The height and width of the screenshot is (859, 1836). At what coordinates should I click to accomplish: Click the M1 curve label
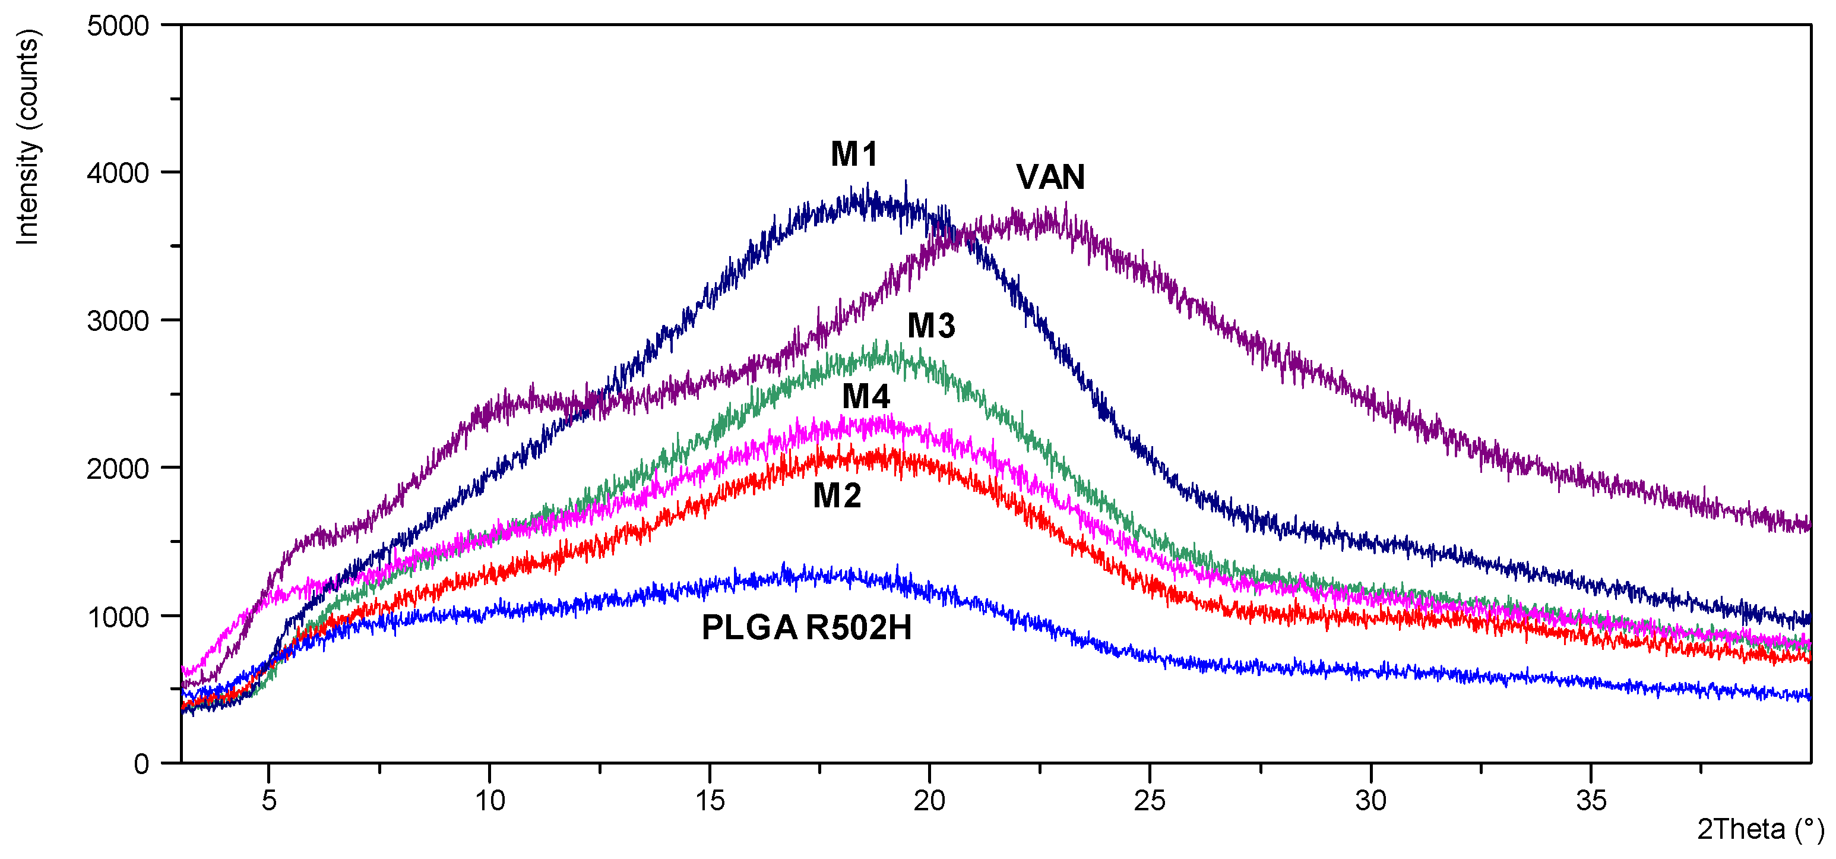coord(854,154)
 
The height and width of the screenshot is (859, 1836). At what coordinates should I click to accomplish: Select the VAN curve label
coord(1050,177)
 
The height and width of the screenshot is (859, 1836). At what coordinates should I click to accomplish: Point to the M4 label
coord(866,396)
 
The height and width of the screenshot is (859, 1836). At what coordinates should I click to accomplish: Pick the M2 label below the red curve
coord(837,495)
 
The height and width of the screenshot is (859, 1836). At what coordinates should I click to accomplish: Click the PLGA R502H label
coord(806,628)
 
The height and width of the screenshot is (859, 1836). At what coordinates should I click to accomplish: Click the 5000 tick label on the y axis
coord(118,26)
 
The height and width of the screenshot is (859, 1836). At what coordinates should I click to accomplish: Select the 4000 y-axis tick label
coord(118,173)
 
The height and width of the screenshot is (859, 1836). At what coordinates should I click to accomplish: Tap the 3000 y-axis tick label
coord(118,321)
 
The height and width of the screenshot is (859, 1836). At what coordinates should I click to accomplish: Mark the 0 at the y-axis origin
coord(141,764)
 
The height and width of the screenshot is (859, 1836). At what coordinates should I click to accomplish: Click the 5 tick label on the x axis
coord(269,801)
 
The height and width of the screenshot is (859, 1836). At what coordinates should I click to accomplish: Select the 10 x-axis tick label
coord(490,801)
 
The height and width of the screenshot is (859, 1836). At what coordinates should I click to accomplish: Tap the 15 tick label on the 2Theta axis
coord(710,801)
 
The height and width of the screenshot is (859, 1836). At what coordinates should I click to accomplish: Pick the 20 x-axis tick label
coord(929,801)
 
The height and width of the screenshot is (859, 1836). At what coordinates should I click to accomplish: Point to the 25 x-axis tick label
coord(1150,801)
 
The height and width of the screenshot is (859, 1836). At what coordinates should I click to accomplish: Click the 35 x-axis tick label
coord(1591,801)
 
